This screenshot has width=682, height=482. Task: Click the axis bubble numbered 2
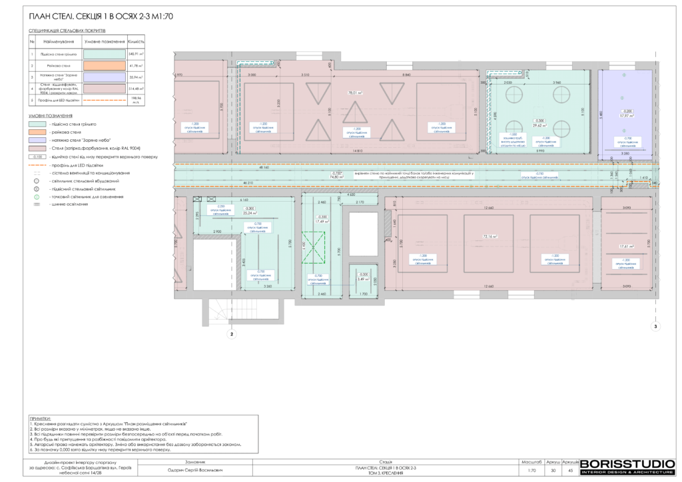232,335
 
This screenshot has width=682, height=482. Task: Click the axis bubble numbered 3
655,327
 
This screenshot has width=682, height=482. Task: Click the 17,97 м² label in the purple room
625,115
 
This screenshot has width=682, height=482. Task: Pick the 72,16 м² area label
490,236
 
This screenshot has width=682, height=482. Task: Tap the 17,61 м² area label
625,245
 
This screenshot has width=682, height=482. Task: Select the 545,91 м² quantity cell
136,55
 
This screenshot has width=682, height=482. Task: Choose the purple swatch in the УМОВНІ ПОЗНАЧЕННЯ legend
37,140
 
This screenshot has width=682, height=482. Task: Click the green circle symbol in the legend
37,198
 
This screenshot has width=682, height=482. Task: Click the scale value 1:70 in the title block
531,471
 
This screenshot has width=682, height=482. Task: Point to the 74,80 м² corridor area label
337,178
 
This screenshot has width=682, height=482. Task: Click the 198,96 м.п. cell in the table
136,100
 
